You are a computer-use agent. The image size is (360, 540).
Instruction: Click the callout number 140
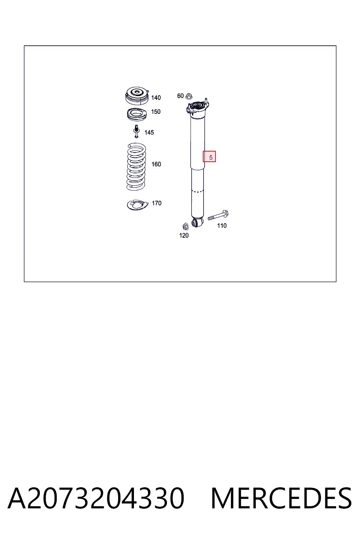coord(156,98)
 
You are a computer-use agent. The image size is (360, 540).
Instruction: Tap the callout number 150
coord(156,111)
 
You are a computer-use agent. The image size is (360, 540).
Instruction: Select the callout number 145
coord(149,132)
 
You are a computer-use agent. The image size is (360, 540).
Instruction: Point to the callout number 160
coord(156,164)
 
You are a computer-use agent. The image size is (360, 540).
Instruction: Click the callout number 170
coord(156,203)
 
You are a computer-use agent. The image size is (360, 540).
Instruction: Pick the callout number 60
coord(180,96)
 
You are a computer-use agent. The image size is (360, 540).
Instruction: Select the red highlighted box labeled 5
coord(209,156)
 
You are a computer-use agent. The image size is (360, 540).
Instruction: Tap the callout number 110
coord(222,226)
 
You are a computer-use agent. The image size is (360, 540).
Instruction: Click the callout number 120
coord(184,235)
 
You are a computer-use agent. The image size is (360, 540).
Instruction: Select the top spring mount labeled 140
coord(137,96)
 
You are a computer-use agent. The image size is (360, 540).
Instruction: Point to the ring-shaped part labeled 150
coord(137,115)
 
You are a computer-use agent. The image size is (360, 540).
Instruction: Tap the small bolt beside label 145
coord(136,131)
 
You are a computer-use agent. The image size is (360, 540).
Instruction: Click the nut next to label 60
coord(189,96)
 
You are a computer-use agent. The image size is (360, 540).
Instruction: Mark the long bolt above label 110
coord(218,215)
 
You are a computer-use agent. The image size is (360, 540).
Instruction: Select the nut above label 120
coord(185,226)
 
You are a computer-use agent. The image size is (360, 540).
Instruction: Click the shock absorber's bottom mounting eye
coord(198,223)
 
